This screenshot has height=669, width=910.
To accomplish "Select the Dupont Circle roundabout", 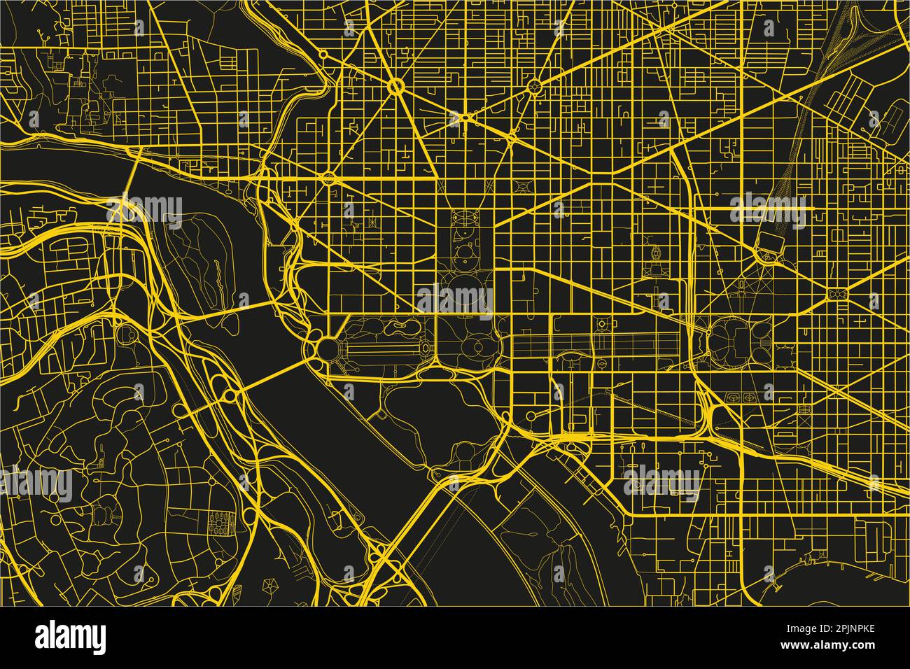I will pyautogui.click(x=395, y=87).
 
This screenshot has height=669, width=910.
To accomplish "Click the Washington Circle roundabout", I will pyautogui.click(x=328, y=178).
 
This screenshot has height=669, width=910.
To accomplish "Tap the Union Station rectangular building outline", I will pyautogui.click(x=771, y=241).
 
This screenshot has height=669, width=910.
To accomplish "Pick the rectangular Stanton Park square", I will pyautogui.click(x=836, y=293).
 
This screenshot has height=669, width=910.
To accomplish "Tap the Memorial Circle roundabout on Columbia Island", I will pyautogui.click(x=229, y=396).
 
